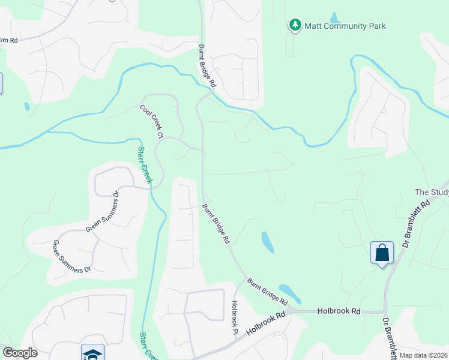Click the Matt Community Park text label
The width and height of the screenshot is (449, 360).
(345, 26)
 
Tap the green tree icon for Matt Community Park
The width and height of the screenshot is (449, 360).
(295, 25)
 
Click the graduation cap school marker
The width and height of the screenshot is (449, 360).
(92, 353)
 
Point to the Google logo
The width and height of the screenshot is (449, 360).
(20, 353)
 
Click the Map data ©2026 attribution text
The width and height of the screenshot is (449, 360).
(424, 355)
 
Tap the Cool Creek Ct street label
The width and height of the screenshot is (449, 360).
(152, 122)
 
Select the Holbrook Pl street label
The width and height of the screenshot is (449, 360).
(235, 317)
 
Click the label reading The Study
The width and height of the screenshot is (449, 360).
(432, 192)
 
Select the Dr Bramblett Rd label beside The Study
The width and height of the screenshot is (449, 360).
(417, 224)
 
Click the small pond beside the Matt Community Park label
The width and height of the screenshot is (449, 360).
(334, 17)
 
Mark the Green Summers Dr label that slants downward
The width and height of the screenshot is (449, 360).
(71, 256)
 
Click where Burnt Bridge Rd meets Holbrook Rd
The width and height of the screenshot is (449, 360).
(289, 310)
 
